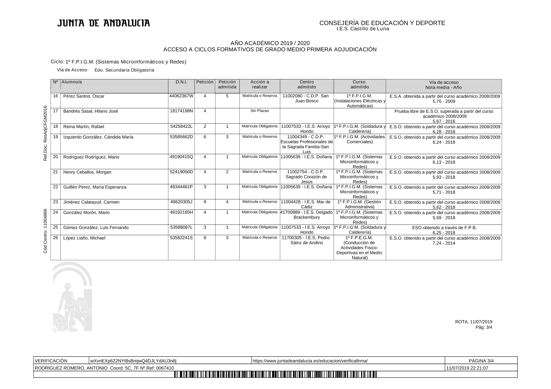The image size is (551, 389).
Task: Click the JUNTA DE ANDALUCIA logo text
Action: click(x=103, y=23)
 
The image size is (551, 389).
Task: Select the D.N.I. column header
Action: click(x=181, y=82)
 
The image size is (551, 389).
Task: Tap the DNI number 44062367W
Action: click(x=181, y=96)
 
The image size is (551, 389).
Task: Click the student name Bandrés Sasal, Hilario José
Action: click(x=90, y=111)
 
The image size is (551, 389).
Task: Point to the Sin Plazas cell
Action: click(x=259, y=111)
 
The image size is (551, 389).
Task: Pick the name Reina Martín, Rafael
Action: click(x=84, y=127)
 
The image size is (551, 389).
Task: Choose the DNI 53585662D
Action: click(x=181, y=137)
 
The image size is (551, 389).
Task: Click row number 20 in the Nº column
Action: click(x=56, y=157)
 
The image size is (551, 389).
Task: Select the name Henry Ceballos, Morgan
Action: click(x=87, y=172)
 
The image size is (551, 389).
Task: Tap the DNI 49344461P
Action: click(x=181, y=187)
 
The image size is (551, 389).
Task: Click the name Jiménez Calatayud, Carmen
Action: click(x=91, y=202)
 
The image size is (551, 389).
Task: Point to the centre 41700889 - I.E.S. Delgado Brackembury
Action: click(x=307, y=215)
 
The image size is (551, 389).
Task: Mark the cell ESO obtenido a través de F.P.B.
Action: click(x=444, y=228)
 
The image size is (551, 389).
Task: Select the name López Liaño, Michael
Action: click(x=84, y=238)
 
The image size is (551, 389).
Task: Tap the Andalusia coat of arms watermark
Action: click(x=73, y=297)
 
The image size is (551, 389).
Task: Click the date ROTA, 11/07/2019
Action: click(x=473, y=322)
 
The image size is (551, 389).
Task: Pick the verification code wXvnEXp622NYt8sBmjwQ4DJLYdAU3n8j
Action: click(x=133, y=361)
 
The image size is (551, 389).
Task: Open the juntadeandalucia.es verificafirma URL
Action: click(x=310, y=361)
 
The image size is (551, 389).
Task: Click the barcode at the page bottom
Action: click(x=275, y=375)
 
